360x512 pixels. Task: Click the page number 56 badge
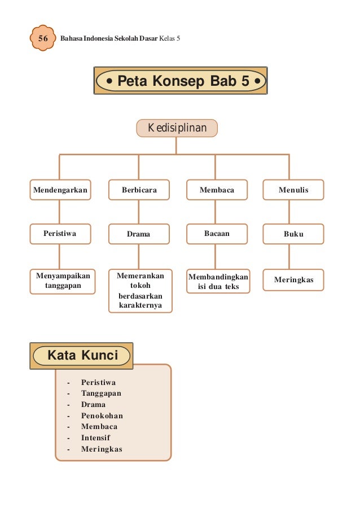pos(41,39)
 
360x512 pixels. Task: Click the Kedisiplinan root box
pos(177,128)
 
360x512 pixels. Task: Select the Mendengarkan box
pos(60,190)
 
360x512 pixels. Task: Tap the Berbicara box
pos(139,190)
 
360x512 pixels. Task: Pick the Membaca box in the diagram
pos(217,190)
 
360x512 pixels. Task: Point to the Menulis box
pos(293,190)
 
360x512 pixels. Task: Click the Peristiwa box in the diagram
pos(60,233)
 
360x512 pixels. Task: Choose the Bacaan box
pos(217,233)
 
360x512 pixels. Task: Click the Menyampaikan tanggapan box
pos(62,281)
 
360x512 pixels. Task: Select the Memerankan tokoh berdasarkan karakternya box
pos(140,291)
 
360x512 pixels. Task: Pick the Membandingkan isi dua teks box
pos(218,282)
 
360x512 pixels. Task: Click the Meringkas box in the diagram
pos(293,280)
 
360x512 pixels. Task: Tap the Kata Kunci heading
pos(82,356)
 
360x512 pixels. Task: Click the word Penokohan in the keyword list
pos(102,415)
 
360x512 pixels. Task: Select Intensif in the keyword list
pos(95,437)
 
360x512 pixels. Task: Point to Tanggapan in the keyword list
pos(101,393)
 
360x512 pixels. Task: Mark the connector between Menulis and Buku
pos(289,212)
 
